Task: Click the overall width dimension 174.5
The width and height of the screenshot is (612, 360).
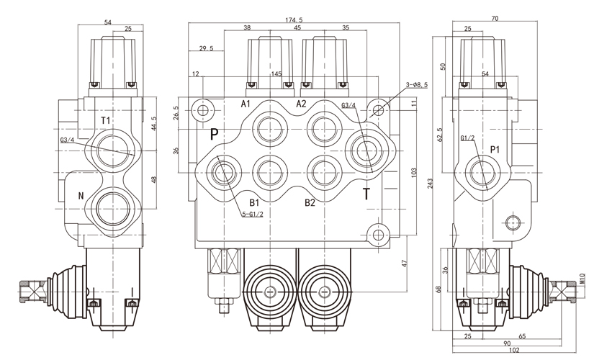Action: (295, 19)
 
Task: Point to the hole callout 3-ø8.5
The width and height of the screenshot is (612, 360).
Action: (416, 85)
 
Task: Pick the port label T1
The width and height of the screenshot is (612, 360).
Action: (106, 120)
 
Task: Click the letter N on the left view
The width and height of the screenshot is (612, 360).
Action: (81, 195)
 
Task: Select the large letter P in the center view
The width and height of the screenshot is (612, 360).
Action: (214, 135)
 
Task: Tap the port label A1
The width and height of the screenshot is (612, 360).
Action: (246, 104)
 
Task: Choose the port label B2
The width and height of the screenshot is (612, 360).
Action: (310, 202)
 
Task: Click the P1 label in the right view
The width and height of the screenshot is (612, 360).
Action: (495, 150)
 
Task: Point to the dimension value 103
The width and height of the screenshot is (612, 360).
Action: (414, 173)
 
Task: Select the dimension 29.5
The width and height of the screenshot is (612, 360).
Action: (205, 49)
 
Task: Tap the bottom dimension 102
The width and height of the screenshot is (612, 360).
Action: (512, 351)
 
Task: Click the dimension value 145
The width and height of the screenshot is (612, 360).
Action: (276, 74)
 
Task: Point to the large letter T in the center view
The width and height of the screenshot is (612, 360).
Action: (366, 194)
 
